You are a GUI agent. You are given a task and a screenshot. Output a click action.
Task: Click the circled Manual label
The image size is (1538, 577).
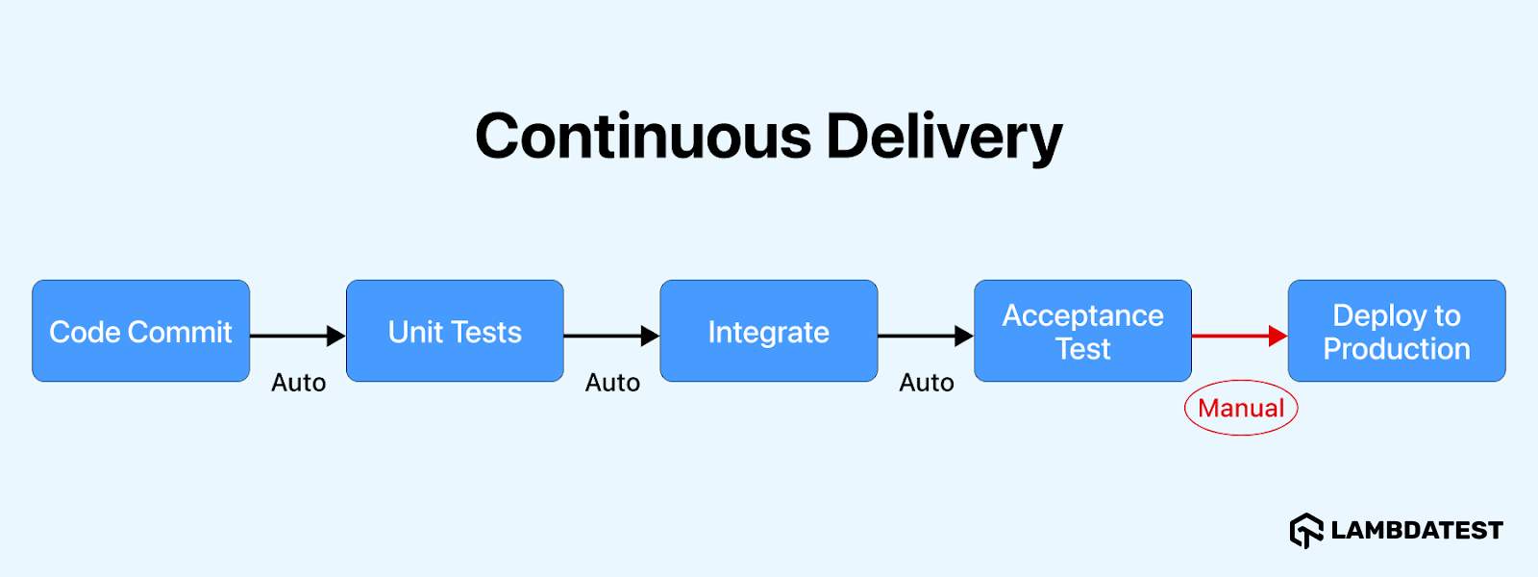click(x=1241, y=408)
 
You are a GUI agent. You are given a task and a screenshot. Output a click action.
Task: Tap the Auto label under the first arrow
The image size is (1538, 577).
click(x=298, y=383)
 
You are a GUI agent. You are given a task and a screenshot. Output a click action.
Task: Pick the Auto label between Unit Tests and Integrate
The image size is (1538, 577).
click(x=612, y=383)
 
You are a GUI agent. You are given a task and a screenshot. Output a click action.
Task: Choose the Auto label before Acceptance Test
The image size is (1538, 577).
click(x=927, y=383)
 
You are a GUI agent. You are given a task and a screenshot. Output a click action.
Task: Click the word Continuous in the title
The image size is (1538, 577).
click(x=643, y=136)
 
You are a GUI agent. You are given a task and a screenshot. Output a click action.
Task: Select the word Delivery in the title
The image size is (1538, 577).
click(x=944, y=136)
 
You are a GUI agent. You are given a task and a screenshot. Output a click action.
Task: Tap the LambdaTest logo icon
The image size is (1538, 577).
click(x=1306, y=530)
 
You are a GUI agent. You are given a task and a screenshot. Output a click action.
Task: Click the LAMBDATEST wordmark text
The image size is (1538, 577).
click(x=1417, y=530)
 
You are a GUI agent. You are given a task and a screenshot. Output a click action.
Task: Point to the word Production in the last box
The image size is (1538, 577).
click(x=1397, y=349)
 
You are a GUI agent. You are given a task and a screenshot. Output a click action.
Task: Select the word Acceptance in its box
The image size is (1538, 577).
click(x=1082, y=315)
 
